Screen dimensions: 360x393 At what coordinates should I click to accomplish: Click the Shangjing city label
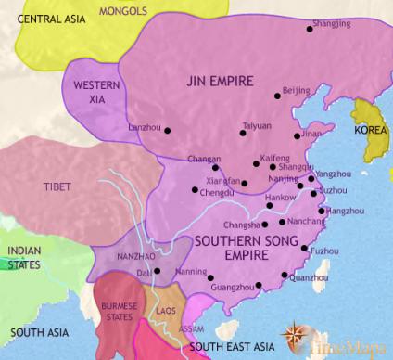(x=333, y=17)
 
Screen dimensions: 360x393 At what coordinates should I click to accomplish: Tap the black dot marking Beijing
(x=276, y=96)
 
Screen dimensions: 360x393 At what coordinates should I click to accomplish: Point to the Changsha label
(x=243, y=225)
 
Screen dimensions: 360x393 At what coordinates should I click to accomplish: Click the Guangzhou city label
(x=238, y=289)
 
